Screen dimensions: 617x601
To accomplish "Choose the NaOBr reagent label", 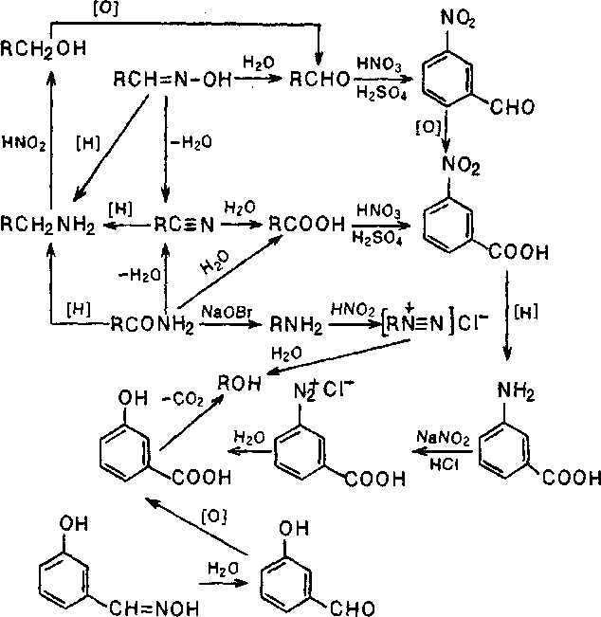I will (x=225, y=311).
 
